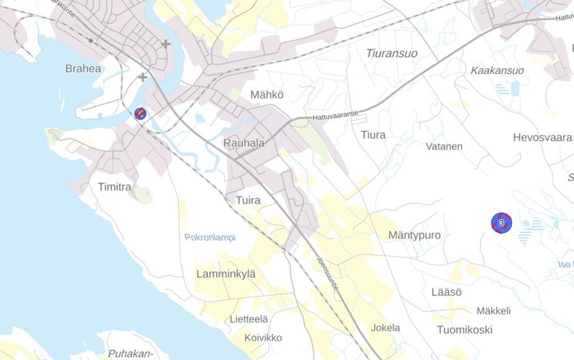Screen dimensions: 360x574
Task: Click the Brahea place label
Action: point(83,69)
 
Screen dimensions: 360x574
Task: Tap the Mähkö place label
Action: point(267,95)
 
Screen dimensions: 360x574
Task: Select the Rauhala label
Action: point(244,143)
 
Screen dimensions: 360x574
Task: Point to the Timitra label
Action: point(114,187)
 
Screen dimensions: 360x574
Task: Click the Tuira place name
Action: point(248,200)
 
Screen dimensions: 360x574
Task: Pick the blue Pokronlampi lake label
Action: point(210,238)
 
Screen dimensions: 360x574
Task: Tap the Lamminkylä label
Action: point(226,274)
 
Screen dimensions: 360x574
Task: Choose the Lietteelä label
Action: point(249,319)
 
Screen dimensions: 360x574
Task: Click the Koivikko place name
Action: point(263,338)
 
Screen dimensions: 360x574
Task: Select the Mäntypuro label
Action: point(414,235)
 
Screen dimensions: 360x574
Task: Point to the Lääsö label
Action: point(447,293)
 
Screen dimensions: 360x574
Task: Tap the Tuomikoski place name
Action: point(465,329)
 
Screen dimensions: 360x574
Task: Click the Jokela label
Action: point(385,328)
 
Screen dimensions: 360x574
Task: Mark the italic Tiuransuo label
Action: point(392,53)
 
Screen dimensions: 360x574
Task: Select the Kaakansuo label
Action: point(497,70)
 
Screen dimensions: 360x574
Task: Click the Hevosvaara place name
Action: point(542,137)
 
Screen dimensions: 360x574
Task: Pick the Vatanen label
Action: point(444,146)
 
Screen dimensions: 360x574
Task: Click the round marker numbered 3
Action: point(501,223)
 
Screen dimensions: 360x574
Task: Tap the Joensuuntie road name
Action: point(328,273)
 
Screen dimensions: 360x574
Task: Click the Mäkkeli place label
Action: point(494,311)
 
